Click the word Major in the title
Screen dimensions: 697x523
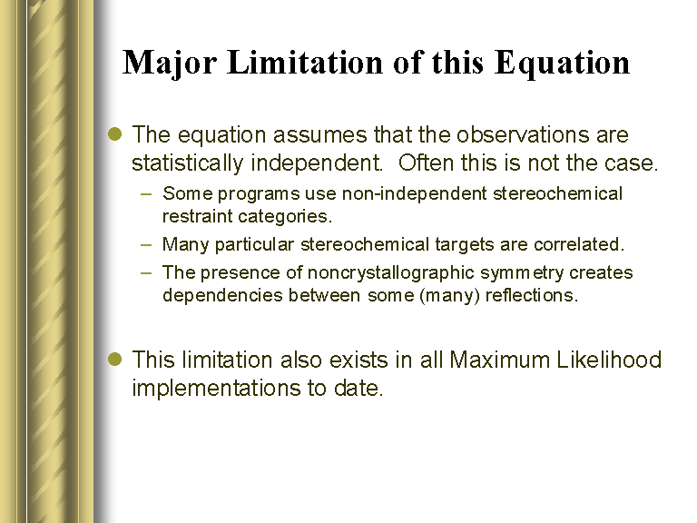point(170,64)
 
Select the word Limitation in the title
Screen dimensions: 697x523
point(305,62)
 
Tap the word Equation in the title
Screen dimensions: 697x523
point(562,64)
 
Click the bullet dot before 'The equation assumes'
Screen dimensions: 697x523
point(115,133)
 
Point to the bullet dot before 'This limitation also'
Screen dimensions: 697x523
point(115,359)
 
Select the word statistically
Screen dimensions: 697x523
point(187,163)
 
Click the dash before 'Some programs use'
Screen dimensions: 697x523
point(146,194)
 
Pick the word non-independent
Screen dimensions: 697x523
point(414,194)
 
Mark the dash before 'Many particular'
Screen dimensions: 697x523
point(146,244)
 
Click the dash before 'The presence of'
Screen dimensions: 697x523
point(146,272)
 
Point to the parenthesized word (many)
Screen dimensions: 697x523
point(449,296)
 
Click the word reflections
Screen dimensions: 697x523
point(532,295)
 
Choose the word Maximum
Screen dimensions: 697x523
point(500,360)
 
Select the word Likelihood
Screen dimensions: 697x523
point(609,360)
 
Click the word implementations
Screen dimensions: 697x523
point(216,389)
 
